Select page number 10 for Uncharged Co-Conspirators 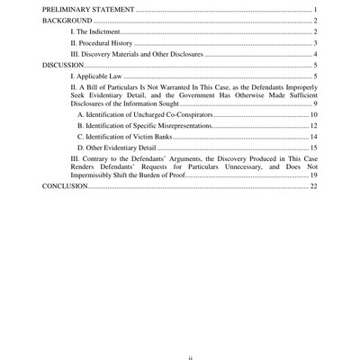click(x=313, y=116)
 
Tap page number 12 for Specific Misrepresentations click(x=313, y=128)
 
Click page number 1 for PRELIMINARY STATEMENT click(x=316, y=8)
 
